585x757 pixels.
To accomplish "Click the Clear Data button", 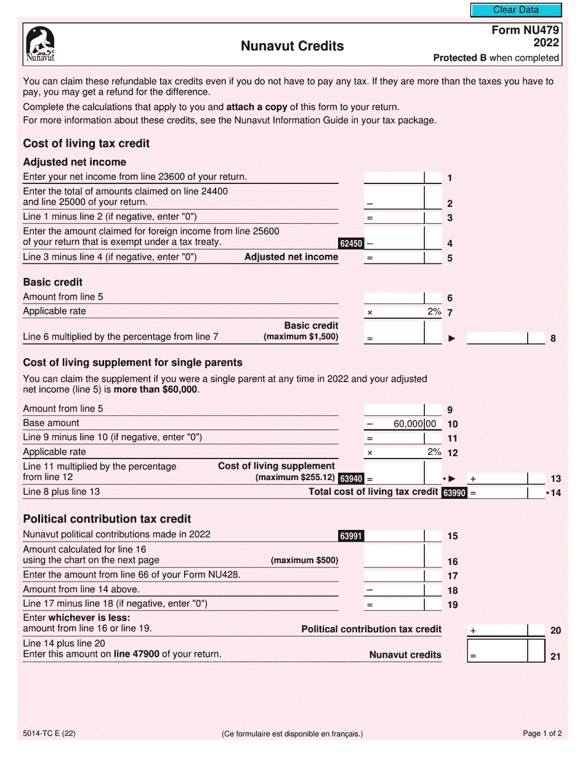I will [515, 10].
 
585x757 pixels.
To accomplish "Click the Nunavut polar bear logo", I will [40, 44].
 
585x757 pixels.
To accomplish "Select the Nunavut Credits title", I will [292, 46].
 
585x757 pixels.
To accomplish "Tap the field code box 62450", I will [351, 244].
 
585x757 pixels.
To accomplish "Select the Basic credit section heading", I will [52, 282].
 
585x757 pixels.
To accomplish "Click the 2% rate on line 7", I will [434, 312].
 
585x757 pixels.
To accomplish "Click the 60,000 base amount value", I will [407, 424].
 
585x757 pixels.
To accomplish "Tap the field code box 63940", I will [351, 478].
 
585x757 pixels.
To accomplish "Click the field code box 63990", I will [454, 492].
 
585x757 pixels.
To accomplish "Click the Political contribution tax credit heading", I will [107, 519].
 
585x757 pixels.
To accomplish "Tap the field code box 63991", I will [351, 536].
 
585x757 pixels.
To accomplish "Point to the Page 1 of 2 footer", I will [542, 733].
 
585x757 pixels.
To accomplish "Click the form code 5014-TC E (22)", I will [49, 733].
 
